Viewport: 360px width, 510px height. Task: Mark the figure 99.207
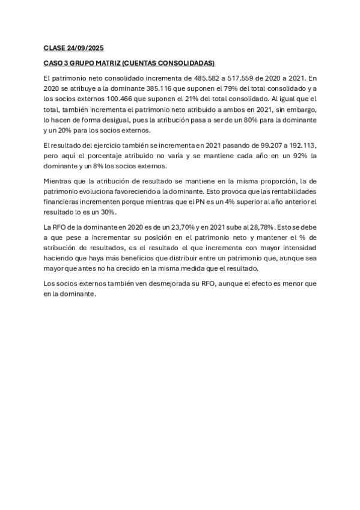[266, 146]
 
